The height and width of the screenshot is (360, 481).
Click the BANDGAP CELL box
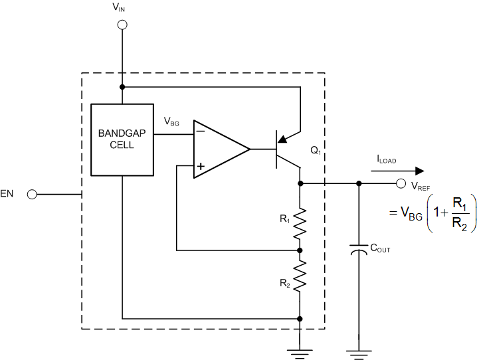[122, 139]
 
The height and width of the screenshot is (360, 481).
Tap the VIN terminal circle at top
[122, 25]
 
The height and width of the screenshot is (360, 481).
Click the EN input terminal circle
[31, 195]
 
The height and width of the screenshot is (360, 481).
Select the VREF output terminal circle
[401, 184]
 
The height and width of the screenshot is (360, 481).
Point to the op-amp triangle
[218, 149]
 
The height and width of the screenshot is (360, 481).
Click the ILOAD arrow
[397, 170]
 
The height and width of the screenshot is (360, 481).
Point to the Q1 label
[316, 150]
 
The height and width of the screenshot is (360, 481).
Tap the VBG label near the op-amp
[172, 122]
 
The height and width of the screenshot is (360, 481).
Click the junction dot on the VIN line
[122, 87]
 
